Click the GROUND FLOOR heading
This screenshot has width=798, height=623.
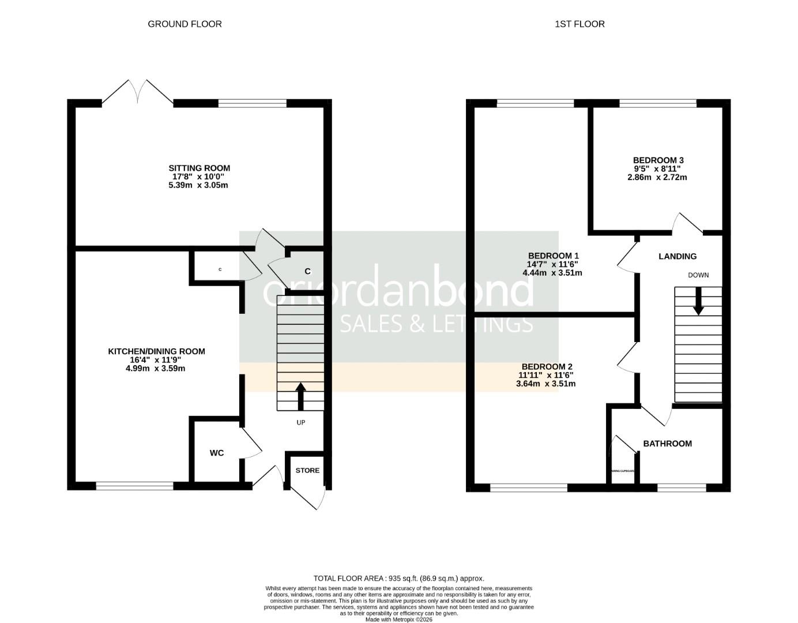185,24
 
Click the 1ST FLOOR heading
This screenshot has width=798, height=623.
579,24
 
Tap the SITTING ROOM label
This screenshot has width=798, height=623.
199,168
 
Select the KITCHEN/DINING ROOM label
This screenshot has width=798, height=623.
156,351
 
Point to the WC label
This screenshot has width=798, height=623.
216,453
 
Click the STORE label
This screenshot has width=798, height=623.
307,470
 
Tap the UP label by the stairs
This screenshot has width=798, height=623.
300,422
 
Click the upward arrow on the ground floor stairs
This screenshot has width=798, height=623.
300,396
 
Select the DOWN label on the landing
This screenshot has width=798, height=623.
698,275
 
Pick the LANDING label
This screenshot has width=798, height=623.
677,256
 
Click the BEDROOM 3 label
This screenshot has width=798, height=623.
658,160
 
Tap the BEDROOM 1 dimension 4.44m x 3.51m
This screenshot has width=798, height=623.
552,273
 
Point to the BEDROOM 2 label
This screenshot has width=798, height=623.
547,367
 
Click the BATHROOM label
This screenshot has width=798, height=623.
667,444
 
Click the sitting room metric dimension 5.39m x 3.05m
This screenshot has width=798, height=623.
199,185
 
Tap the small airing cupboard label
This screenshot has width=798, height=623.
622,471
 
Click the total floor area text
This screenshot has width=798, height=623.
398,578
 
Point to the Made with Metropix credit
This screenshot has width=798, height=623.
398,620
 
